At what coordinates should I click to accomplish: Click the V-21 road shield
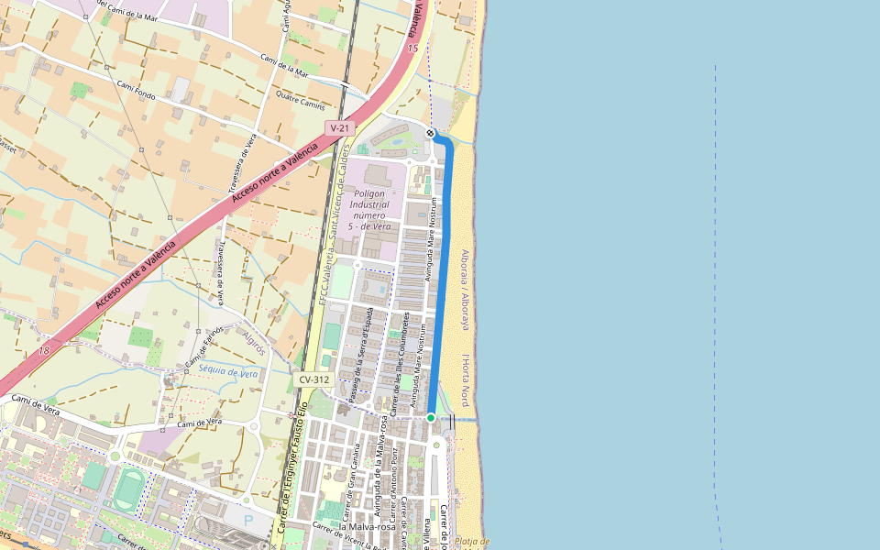click(339, 128)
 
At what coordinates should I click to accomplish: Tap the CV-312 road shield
click(313, 379)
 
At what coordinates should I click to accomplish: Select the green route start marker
click(431, 418)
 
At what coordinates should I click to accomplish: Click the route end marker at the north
click(430, 134)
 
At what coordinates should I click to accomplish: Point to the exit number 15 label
click(412, 48)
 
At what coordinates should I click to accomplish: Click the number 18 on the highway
click(44, 351)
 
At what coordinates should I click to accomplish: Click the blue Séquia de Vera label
click(229, 373)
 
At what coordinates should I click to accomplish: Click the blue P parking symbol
click(247, 519)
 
